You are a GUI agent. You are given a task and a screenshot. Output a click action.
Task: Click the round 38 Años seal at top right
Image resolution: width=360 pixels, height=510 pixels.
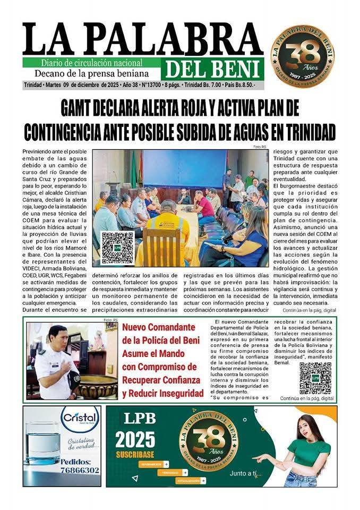tap(302, 56)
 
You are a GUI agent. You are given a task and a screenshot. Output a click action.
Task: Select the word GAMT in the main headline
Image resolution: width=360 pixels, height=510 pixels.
tap(81, 108)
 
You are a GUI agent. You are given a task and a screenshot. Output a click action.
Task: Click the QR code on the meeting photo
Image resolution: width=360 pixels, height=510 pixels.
tap(117, 248)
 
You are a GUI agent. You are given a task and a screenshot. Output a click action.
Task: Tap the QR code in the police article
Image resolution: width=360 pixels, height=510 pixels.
tap(315, 378)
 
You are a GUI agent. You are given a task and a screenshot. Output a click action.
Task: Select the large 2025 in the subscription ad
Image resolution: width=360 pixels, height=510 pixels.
tap(135, 439)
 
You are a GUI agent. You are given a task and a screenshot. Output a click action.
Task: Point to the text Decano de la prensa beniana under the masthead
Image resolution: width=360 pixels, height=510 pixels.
tap(91, 73)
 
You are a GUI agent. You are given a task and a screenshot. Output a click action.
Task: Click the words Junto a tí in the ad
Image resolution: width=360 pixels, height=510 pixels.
tap(245, 473)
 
